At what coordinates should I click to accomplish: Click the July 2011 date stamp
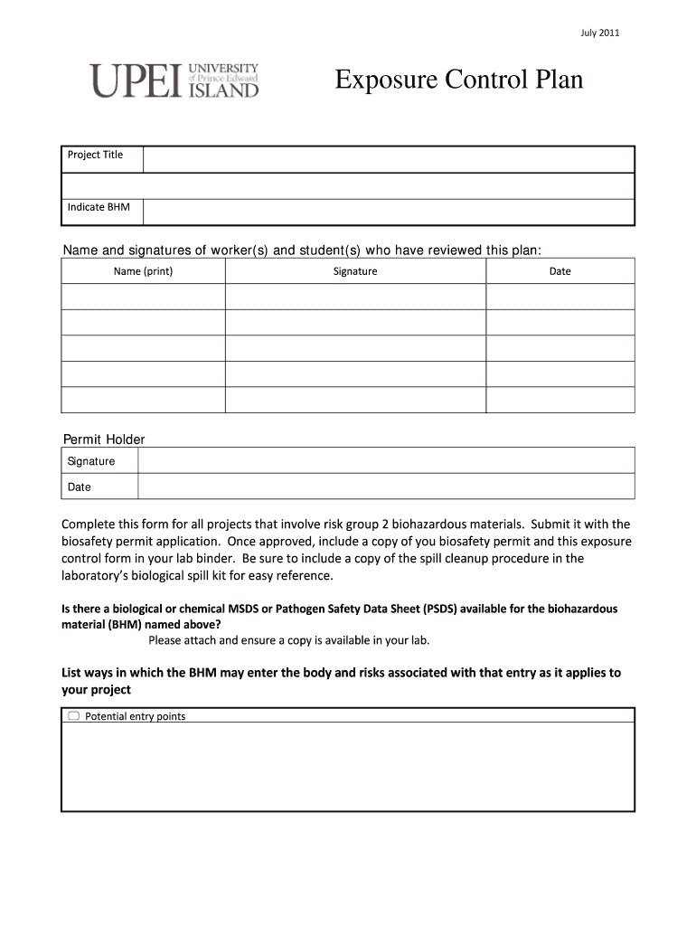tap(599, 33)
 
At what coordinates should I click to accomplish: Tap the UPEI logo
tap(174, 80)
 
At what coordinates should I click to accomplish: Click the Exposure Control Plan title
tap(459, 80)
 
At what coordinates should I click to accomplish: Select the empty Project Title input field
tap(389, 159)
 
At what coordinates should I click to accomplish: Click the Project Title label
tap(95, 155)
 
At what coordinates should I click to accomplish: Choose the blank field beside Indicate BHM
tap(389, 212)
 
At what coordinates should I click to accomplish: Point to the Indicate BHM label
tap(99, 207)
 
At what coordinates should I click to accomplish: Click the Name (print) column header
tap(143, 271)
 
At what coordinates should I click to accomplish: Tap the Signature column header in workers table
tap(355, 271)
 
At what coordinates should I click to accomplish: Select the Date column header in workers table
tap(560, 271)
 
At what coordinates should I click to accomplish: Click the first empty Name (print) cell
tap(143, 297)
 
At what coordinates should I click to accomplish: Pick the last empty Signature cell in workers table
tap(355, 400)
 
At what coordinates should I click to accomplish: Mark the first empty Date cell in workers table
tap(560, 297)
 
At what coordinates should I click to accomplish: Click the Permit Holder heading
tap(104, 439)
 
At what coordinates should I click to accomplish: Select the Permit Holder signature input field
tap(386, 460)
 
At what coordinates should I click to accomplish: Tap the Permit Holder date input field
tap(386, 487)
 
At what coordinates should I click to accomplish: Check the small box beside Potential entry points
tap(73, 716)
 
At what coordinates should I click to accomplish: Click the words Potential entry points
tap(135, 716)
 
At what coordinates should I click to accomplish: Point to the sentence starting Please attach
tap(289, 640)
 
